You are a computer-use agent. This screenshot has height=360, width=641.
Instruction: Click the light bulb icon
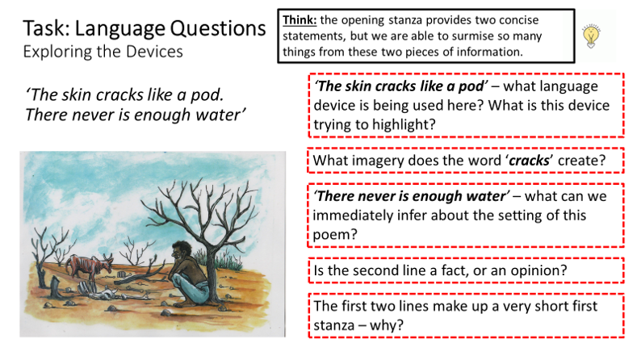591,36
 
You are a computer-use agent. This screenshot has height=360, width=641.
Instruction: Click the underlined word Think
300,20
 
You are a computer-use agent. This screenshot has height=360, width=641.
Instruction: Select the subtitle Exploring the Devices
103,52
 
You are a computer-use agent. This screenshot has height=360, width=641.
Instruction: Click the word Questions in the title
218,29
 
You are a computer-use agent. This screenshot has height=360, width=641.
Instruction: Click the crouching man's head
181,250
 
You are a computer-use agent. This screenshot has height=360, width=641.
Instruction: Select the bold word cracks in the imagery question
529,161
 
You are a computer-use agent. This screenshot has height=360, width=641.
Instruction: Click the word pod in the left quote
207,94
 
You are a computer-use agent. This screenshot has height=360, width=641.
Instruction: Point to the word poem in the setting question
335,235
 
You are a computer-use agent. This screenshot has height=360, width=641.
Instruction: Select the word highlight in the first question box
404,124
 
